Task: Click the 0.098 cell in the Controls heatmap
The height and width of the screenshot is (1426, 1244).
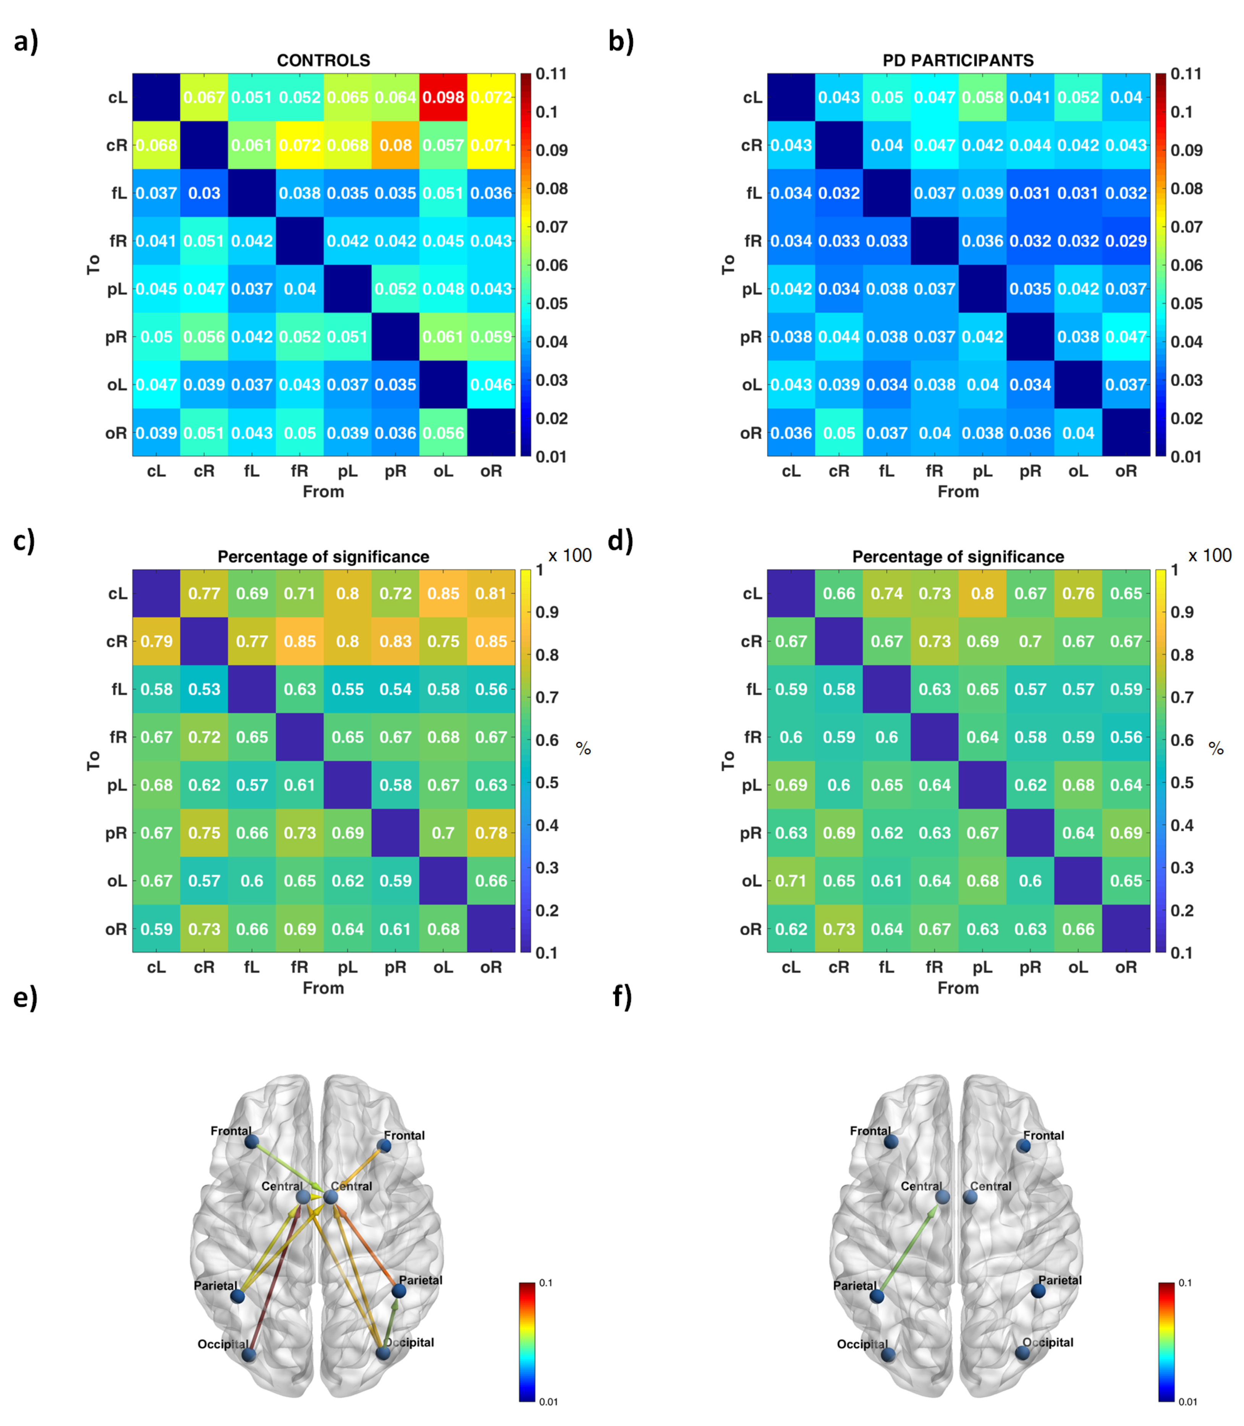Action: (443, 97)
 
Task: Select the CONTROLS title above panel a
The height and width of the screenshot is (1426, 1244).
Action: (324, 60)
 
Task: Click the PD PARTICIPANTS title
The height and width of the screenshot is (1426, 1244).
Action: (958, 60)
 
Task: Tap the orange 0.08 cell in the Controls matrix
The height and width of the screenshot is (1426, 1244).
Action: (395, 145)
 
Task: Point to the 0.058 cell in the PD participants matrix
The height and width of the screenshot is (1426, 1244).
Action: (982, 97)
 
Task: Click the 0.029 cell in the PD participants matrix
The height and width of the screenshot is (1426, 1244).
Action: (1126, 241)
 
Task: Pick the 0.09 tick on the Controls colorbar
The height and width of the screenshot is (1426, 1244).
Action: (551, 150)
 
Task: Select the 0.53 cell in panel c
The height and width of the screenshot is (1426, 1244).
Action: (204, 689)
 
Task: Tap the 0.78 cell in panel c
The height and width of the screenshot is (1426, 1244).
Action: (491, 833)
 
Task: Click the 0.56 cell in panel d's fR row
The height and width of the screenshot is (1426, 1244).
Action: (1126, 737)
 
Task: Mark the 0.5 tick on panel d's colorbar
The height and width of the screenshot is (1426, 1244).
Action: (1181, 783)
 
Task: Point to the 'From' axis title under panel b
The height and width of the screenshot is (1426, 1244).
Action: (958, 492)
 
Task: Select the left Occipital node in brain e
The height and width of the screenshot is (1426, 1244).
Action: (249, 1355)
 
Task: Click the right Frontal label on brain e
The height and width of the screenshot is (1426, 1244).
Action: (404, 1136)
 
